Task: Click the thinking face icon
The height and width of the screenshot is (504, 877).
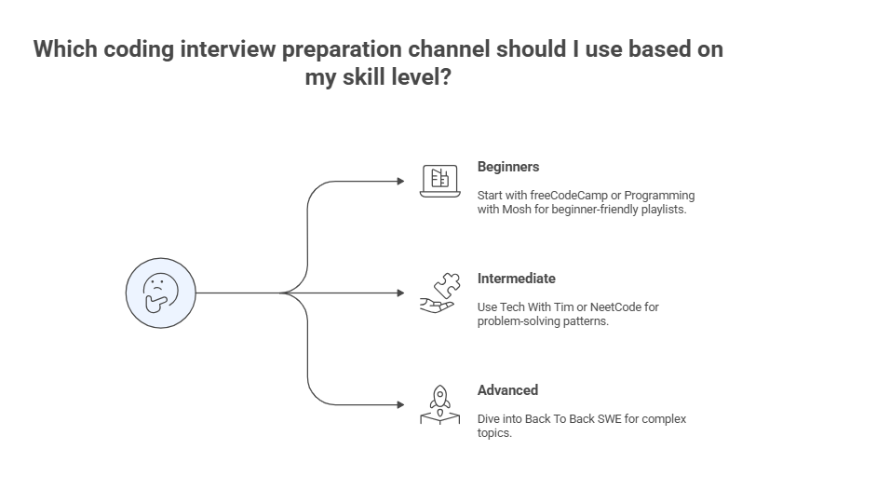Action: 161,293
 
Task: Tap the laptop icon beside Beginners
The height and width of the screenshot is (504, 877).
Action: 440,181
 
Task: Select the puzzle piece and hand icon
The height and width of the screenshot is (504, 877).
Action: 439,292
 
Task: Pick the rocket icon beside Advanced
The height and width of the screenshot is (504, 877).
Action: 439,404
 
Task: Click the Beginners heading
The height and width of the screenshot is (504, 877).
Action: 508,167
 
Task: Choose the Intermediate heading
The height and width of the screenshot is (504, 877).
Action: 516,279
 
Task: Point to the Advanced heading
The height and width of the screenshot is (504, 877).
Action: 507,390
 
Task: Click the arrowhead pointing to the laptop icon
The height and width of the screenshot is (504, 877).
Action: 401,181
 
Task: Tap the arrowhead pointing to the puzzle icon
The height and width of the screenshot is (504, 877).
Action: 401,293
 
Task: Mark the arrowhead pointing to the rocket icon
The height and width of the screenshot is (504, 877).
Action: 401,404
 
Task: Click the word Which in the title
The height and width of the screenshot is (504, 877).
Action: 64,49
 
